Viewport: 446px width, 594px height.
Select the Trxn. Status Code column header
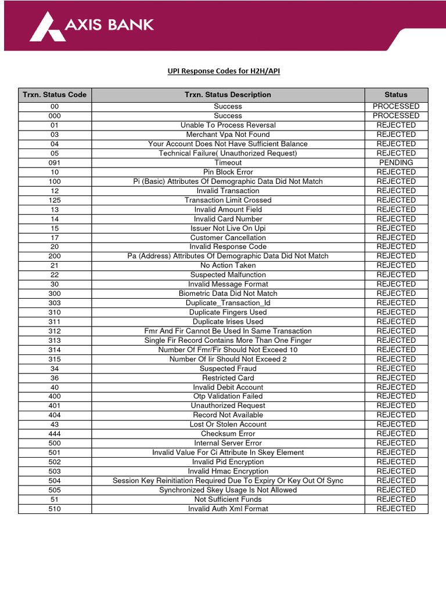click(55, 95)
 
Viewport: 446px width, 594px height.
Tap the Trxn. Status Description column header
click(228, 95)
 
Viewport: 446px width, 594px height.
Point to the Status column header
click(396, 95)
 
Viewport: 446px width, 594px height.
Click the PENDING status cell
click(396, 162)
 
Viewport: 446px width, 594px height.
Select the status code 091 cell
click(55, 162)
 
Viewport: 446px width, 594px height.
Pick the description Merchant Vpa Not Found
click(228, 135)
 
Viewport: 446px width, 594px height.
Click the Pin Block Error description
click(228, 172)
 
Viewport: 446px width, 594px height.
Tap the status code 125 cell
click(55, 200)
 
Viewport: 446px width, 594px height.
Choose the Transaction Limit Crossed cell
click(228, 200)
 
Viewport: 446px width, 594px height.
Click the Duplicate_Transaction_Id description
click(228, 303)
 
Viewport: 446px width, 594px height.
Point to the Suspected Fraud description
click(228, 368)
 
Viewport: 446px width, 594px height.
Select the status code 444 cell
click(55, 434)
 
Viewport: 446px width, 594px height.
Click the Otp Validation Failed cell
click(228, 396)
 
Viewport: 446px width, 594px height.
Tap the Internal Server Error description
click(228, 443)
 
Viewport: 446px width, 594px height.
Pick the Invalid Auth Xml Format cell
click(228, 509)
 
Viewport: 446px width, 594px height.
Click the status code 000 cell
click(55, 115)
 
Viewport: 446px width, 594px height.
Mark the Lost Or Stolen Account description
click(228, 424)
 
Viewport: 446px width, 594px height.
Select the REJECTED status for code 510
click(396, 509)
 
